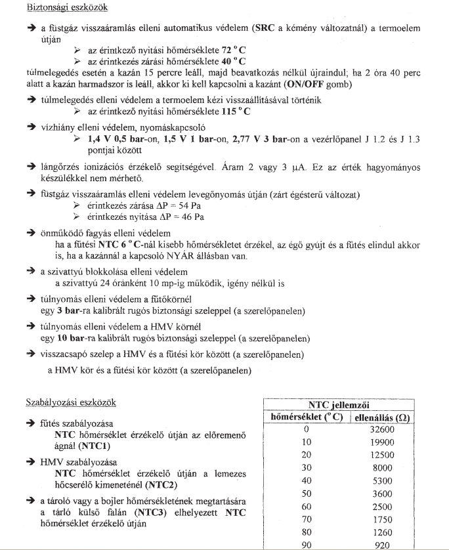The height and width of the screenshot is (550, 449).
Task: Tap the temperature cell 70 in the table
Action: click(x=307, y=520)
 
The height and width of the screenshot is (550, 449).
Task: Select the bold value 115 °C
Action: click(x=236, y=111)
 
